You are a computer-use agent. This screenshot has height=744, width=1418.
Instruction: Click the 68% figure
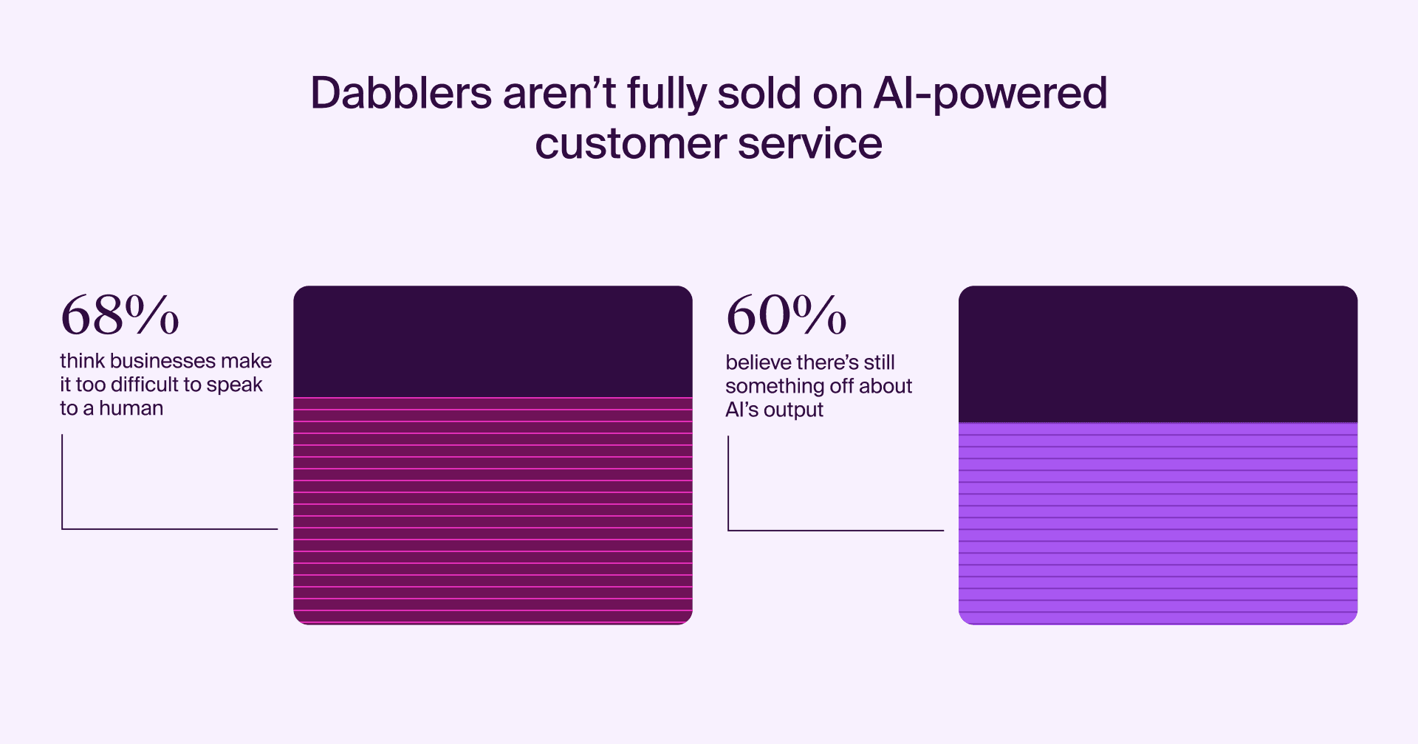[120, 315]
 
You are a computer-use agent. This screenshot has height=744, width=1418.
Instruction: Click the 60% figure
[786, 315]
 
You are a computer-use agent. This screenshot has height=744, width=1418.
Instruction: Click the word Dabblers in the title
[401, 93]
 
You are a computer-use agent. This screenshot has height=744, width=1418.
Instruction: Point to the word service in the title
[810, 142]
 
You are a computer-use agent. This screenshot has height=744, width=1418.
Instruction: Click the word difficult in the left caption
[145, 385]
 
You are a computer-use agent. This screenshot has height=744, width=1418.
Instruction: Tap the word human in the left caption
[131, 408]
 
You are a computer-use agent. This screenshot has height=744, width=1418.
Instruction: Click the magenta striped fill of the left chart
[493, 511]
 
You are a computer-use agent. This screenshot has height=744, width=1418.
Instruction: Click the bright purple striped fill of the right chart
[1158, 524]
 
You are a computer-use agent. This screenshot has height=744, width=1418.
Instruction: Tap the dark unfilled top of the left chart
[493, 342]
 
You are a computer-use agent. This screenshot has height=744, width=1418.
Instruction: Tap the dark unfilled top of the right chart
[1158, 354]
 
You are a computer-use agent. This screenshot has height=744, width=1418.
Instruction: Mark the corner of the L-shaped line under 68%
[62, 528]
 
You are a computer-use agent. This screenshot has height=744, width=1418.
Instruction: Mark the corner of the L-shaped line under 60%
[728, 530]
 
